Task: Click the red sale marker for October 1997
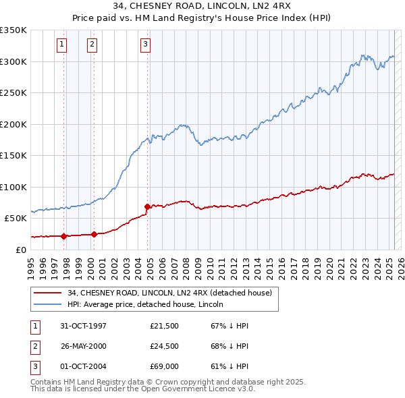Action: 64,236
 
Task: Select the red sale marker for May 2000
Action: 94,235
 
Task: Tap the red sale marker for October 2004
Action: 146,206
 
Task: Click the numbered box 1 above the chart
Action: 61,45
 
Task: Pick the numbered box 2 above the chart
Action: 92,45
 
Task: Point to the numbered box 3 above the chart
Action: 145,45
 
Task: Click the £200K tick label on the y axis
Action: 14,124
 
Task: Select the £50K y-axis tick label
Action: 16,219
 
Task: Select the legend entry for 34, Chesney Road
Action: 169,293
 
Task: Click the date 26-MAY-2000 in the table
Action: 84,347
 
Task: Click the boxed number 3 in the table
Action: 34,368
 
